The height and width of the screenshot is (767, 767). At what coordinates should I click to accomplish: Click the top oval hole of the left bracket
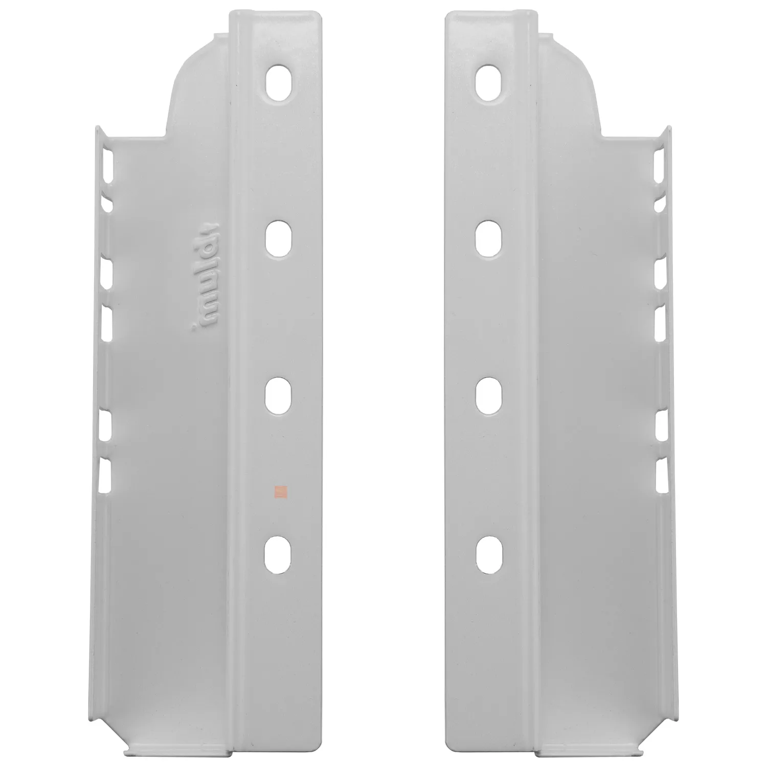[x=279, y=82]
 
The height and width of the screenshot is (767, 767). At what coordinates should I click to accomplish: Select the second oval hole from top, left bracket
[x=279, y=239]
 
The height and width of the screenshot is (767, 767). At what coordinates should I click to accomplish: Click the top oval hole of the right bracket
[x=488, y=82]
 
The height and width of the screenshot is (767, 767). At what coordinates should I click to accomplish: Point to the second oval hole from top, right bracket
[x=488, y=239]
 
